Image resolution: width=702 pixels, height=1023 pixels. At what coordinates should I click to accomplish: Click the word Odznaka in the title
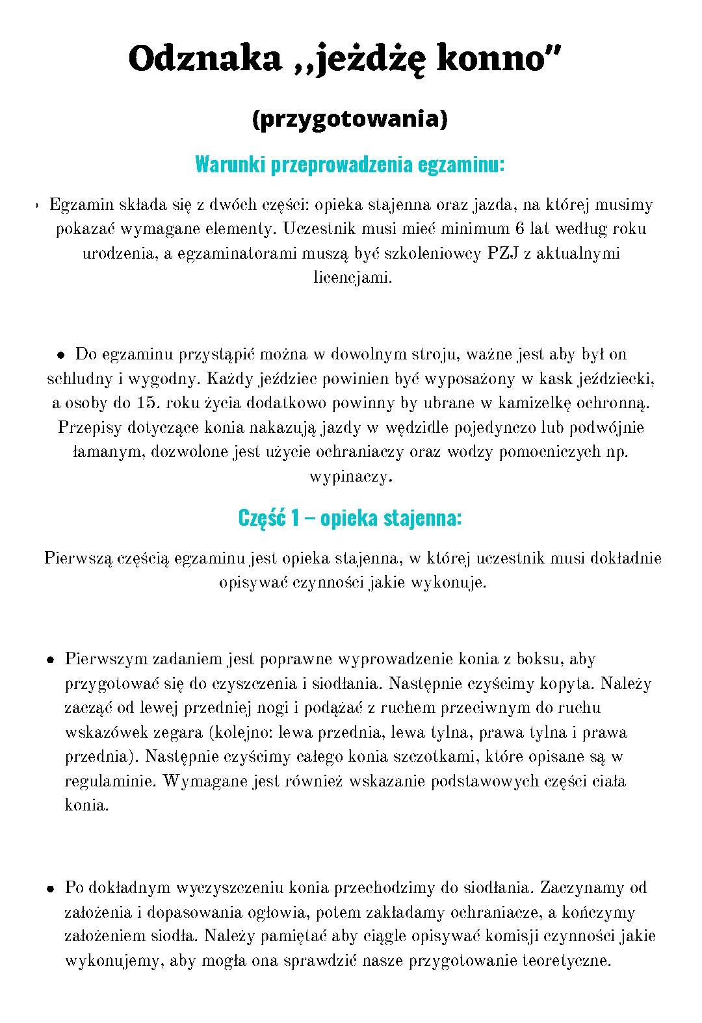(203, 59)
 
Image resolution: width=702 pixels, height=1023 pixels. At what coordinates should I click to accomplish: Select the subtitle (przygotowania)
(350, 120)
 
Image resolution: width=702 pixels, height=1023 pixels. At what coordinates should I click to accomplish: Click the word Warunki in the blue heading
(228, 164)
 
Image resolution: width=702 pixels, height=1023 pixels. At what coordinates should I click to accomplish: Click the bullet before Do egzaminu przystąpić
(60, 356)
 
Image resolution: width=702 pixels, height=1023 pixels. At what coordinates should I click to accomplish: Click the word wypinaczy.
(352, 476)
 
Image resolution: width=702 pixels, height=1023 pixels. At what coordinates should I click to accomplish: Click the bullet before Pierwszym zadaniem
(50, 660)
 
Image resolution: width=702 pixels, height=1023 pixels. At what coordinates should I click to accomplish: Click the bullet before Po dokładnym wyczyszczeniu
(50, 888)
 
